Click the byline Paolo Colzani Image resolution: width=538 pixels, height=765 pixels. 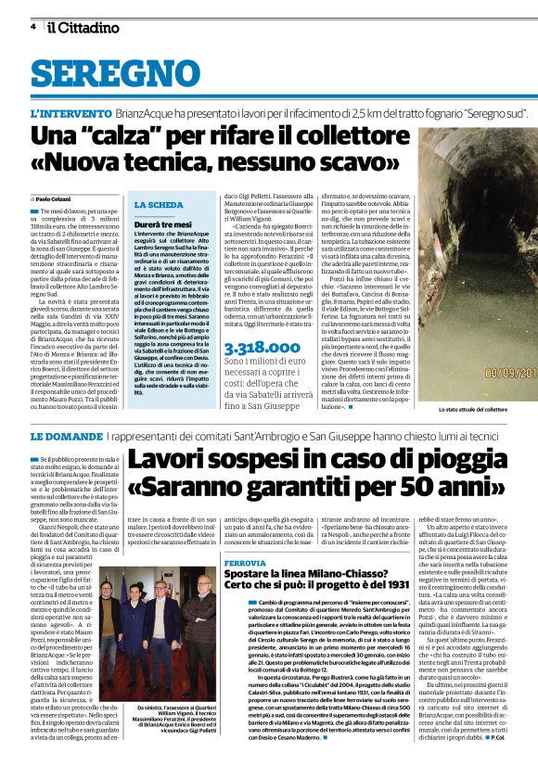pyautogui.click(x=56, y=198)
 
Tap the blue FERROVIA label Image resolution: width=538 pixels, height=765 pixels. pyautogui.click(x=247, y=536)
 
